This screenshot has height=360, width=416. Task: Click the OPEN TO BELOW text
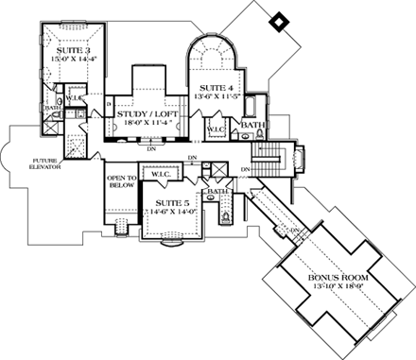click(x=121, y=183)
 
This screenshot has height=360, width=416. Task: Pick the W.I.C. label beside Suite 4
click(x=217, y=129)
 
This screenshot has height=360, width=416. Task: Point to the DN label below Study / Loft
click(x=151, y=148)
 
